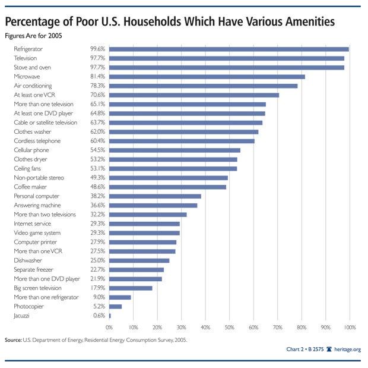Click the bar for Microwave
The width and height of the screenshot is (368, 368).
(207, 77)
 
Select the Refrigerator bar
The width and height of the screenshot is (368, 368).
(229, 49)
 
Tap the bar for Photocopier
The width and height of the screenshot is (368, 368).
(115, 306)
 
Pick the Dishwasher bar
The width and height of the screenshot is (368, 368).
(139, 260)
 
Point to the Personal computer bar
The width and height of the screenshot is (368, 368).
(155, 196)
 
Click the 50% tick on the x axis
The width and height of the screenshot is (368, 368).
(229, 328)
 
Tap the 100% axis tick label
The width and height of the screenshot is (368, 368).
(349, 328)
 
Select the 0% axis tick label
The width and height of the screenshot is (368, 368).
(109, 328)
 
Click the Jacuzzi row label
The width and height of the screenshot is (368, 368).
(22, 315)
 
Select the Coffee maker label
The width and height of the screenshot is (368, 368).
(31, 187)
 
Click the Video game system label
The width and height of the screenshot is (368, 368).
(37, 232)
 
